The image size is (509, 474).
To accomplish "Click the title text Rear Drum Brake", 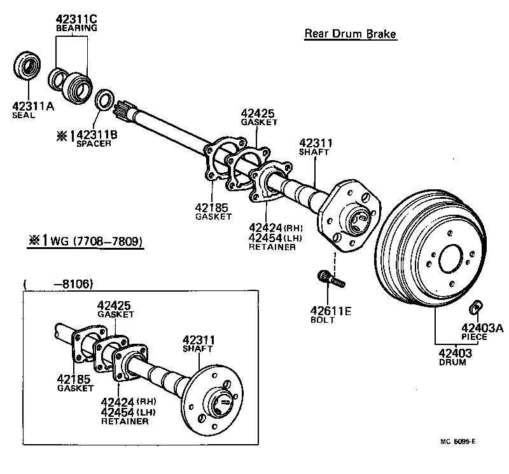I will (x=350, y=34).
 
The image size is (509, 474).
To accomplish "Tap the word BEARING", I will (x=76, y=29).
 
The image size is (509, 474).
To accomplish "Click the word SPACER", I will (x=94, y=144).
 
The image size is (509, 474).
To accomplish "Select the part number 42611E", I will (x=331, y=311).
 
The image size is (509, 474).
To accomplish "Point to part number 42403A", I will (x=482, y=328).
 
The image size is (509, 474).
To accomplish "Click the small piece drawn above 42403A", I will (x=474, y=308).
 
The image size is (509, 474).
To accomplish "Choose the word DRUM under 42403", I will (x=452, y=362).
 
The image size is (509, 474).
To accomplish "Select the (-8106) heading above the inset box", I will (x=57, y=285).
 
